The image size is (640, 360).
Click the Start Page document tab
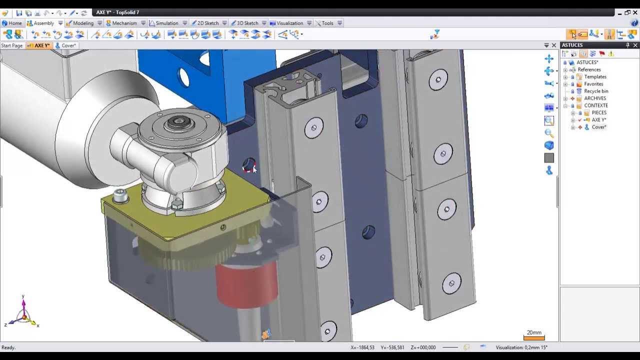tap(12, 45)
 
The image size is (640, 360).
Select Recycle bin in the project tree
tap(595, 91)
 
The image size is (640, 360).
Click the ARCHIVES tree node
tap(594, 98)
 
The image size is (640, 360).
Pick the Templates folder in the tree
tap(595, 77)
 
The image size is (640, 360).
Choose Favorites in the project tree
tap(593, 84)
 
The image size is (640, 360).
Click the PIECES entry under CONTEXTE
tap(598, 113)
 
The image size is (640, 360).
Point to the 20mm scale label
tap(533, 332)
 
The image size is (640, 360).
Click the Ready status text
tap(8, 347)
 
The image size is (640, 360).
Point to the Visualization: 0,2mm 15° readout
tap(521, 347)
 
